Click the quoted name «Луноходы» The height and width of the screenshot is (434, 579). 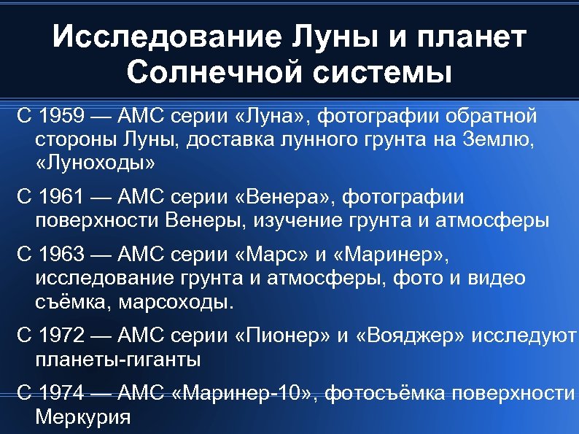click(95, 161)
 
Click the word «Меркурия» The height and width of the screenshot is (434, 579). click(82, 418)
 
